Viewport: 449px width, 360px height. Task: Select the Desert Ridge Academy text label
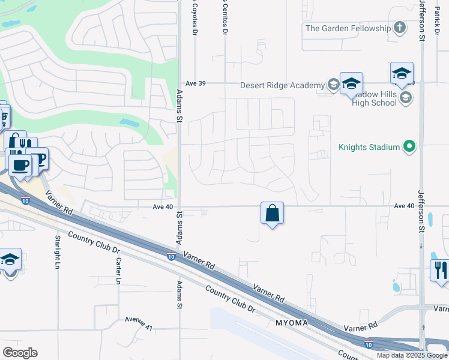tap(282, 85)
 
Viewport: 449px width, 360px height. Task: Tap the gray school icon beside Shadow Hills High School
tap(406, 98)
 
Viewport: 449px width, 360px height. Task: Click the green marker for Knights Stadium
tap(410, 146)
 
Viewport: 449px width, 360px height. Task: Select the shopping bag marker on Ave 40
tap(272, 214)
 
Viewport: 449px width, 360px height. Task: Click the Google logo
tap(20, 352)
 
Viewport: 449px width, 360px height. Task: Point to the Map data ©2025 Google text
tap(411, 355)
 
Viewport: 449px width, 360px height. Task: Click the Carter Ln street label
tap(119, 271)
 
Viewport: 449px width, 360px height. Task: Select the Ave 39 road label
tap(196, 83)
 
